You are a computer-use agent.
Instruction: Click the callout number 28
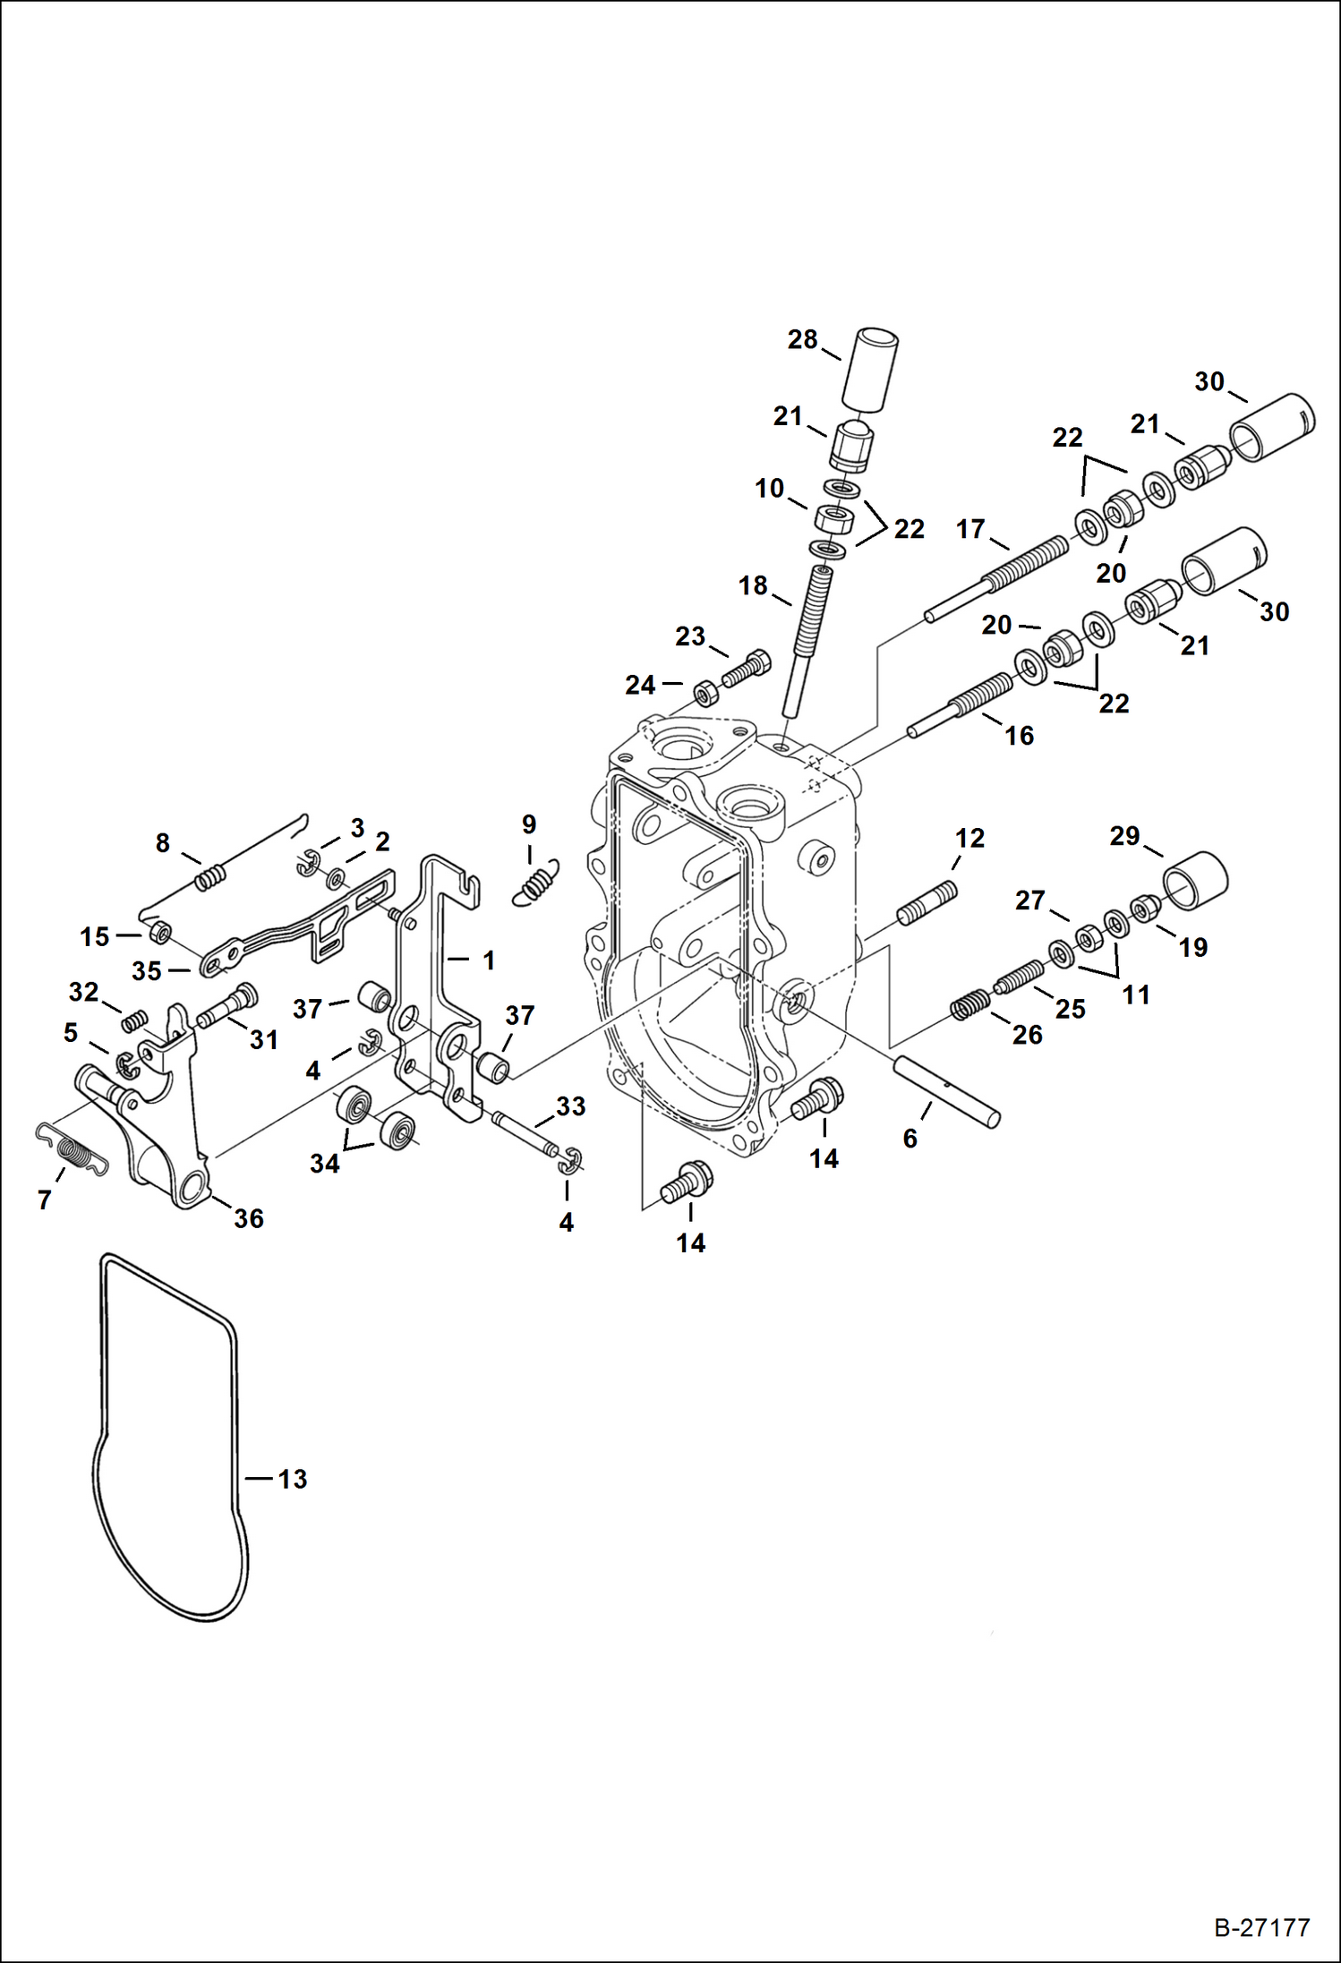tap(802, 340)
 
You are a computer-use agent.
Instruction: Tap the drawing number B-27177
tap(1261, 1927)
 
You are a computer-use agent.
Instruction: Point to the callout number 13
tap(292, 1479)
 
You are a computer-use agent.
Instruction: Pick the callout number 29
tap(1124, 836)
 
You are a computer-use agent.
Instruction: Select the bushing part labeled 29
tap(1195, 880)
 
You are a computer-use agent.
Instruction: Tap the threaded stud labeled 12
tap(927, 903)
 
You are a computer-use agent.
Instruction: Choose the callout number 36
tap(249, 1218)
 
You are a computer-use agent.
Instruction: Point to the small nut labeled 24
tap(706, 693)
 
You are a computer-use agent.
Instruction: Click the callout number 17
tap(970, 529)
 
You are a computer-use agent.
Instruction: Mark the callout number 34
tap(324, 1164)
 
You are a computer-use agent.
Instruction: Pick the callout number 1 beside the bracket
tap(489, 960)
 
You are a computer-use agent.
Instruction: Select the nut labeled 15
tap(159, 932)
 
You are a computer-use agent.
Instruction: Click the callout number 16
tap(1019, 736)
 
